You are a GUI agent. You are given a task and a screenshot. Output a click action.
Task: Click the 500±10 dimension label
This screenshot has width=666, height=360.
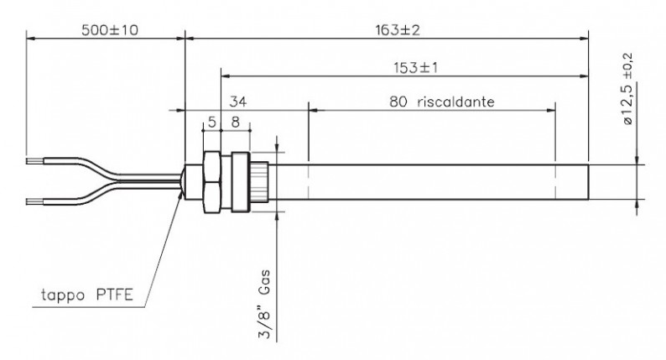click(110, 30)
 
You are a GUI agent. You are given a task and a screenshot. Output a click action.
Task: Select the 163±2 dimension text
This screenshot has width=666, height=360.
click(398, 30)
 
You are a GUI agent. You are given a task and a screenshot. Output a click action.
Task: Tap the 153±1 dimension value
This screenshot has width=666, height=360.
click(415, 68)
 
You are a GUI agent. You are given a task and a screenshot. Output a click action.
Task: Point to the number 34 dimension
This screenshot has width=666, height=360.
click(238, 102)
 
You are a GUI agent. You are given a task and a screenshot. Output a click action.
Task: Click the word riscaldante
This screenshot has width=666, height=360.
click(455, 102)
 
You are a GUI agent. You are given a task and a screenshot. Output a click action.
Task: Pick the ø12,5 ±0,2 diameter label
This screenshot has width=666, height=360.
click(627, 88)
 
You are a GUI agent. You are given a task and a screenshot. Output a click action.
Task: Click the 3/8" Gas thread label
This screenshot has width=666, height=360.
click(264, 304)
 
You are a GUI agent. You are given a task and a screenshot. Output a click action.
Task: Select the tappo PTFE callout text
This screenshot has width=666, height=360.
click(87, 295)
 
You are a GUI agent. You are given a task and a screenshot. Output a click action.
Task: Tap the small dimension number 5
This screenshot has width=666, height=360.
click(212, 123)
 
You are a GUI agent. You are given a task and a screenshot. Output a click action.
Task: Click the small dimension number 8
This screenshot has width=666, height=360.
click(236, 123)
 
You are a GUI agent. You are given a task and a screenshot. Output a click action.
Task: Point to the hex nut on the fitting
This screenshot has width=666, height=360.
click(212, 182)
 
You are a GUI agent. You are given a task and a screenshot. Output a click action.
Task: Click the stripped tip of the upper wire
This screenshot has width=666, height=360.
click(34, 161)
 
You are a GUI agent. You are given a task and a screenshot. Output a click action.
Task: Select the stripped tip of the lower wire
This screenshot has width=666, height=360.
click(34, 201)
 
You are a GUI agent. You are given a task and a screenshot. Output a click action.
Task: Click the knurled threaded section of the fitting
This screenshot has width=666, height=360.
click(258, 182)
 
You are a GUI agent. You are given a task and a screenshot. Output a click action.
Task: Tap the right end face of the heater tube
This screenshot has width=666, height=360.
click(588, 182)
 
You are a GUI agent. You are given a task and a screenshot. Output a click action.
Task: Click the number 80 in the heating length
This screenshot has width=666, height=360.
click(398, 102)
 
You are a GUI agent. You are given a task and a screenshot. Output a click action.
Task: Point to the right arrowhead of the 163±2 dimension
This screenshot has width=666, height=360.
click(584, 39)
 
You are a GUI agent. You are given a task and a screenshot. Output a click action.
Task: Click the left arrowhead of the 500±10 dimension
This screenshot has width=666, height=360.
click(31, 39)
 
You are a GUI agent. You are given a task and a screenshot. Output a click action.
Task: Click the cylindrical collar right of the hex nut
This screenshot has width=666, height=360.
click(241, 182)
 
